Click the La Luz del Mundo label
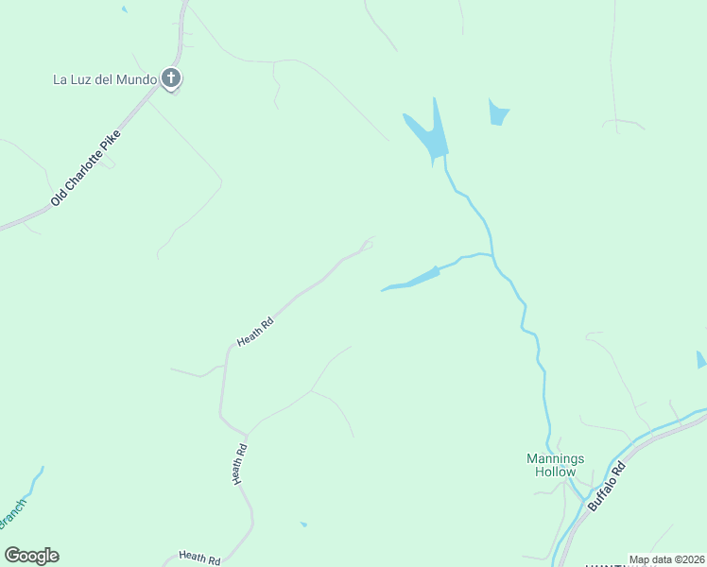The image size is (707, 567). (x=104, y=79)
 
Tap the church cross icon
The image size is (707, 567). (x=170, y=78)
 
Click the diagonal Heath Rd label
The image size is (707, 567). (x=255, y=332)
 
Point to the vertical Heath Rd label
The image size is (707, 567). (x=240, y=464)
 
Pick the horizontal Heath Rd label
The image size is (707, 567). (x=199, y=558)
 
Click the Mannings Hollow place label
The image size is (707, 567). (x=555, y=465)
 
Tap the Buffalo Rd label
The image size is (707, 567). (x=607, y=487)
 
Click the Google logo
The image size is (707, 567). (x=31, y=555)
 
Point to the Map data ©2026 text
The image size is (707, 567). (x=666, y=559)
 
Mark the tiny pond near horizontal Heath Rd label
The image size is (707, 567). (x=303, y=524)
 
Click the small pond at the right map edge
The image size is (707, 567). (x=700, y=360)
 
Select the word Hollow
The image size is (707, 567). (x=555, y=472)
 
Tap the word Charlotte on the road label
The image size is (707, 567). (x=89, y=166)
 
